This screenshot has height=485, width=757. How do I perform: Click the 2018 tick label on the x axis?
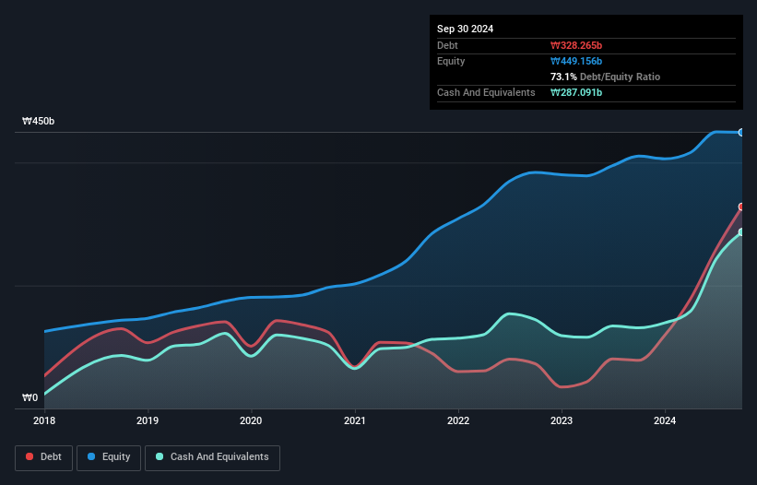coord(44,420)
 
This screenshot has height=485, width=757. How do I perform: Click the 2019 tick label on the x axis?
coord(148,420)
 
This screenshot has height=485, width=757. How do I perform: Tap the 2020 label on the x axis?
coord(251,420)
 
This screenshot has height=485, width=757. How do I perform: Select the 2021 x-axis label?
coord(355,420)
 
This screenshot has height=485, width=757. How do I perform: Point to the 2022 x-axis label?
coord(458,420)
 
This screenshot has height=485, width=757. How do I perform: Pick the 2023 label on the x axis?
coord(562,420)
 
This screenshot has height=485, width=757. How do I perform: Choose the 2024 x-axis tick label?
coord(665,420)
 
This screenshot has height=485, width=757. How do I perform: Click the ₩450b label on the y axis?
coord(39,122)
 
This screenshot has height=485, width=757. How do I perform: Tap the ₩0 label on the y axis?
coord(30,398)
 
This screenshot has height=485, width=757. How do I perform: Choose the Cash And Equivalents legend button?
coord(212,457)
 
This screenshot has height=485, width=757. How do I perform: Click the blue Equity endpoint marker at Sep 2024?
coord(740,133)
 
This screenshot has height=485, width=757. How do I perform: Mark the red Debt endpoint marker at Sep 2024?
coord(740,207)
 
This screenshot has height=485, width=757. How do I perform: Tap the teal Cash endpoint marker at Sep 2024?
coord(740,232)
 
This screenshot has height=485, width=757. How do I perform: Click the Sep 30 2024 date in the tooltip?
coord(466,29)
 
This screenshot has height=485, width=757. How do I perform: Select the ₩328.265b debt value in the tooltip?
coord(576,45)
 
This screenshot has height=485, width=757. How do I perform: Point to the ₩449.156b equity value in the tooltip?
coord(576,61)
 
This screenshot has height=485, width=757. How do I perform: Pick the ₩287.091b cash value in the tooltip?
coord(576,92)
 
